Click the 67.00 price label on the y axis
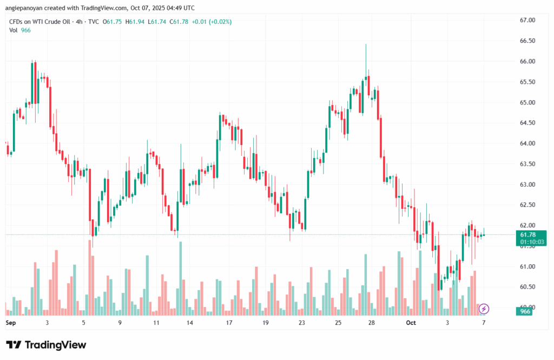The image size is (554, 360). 527,20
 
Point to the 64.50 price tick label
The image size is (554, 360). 527,123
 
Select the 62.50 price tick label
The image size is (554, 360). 527,205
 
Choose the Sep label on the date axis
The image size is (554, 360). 10,323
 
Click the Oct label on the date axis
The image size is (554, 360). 411,323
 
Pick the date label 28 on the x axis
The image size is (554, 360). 372,323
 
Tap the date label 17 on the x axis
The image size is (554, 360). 229,323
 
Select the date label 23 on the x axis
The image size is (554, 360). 301,323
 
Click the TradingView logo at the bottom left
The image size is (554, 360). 46,345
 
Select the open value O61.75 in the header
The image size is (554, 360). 114,22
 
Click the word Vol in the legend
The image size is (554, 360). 14,30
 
